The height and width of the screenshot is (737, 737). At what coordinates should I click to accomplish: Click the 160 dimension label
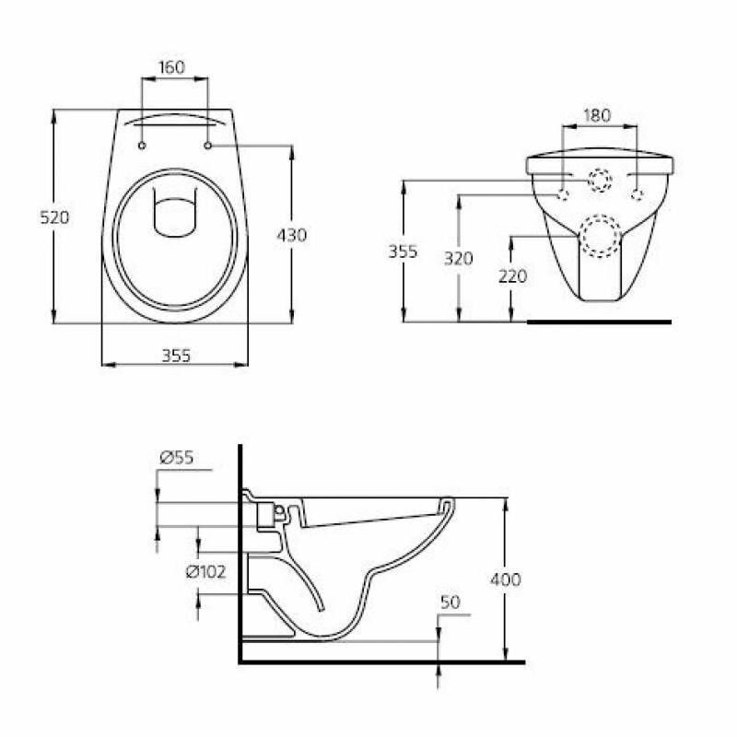(x=172, y=67)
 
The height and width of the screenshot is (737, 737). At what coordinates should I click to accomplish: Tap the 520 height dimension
(x=54, y=217)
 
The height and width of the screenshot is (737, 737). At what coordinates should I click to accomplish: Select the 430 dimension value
(x=291, y=235)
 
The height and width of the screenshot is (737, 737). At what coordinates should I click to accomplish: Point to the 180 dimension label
(x=597, y=115)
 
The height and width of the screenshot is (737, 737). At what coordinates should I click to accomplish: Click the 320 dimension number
(x=459, y=259)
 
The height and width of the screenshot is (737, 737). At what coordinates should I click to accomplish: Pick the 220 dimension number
(x=513, y=275)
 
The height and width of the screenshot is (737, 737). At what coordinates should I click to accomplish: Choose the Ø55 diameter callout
(x=177, y=457)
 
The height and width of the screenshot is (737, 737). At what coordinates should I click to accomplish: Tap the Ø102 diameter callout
(x=205, y=571)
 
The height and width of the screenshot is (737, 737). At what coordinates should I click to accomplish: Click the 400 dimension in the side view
(x=506, y=579)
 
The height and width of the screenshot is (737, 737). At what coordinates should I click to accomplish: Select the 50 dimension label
(x=450, y=602)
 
